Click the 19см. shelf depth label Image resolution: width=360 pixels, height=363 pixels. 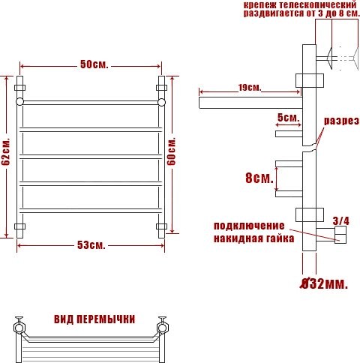tap(250, 88)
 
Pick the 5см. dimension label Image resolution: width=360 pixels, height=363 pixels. tap(288, 118)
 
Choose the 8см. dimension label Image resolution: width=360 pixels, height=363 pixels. tap(257, 178)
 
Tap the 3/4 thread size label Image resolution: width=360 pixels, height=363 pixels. tap(340, 220)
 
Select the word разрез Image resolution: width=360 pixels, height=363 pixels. tap(341, 121)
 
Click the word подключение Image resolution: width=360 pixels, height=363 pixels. tap(249, 226)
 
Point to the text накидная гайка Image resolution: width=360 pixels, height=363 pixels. tap(249, 238)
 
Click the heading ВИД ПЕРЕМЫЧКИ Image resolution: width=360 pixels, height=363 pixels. tap(94, 319)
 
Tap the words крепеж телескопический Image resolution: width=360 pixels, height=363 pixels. tap(289, 6)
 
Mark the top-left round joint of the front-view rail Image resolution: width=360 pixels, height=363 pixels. tap(20, 100)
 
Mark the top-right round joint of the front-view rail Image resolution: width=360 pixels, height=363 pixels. tap(160, 100)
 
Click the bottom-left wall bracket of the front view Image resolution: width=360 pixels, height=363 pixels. tap(20, 226)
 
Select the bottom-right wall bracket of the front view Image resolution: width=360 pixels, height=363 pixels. tap(160, 226)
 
